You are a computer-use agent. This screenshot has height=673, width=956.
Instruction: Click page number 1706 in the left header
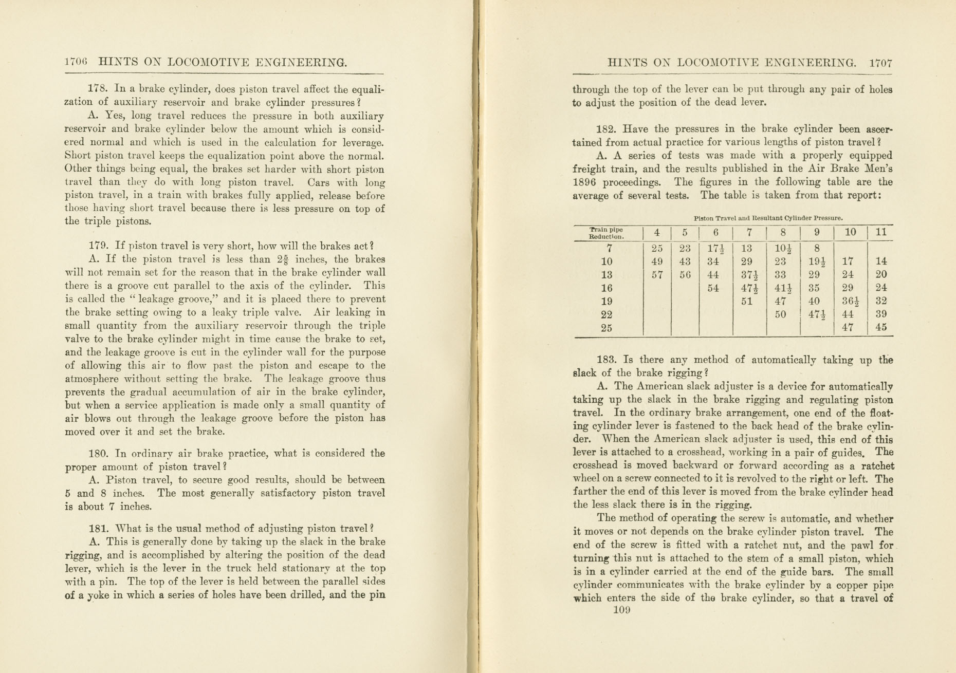pos(76,62)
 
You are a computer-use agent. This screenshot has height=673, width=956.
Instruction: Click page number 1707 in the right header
pos(880,63)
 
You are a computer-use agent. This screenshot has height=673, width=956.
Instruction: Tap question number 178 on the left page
pos(98,89)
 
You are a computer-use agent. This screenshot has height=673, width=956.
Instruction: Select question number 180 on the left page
pos(98,453)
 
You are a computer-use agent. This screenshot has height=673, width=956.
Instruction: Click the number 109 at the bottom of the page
pos(621,610)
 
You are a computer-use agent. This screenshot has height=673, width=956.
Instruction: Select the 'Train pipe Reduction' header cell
pos(606,233)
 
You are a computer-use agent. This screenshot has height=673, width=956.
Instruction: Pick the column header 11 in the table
pos(881,232)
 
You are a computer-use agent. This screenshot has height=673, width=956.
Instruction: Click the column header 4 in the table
pos(657,233)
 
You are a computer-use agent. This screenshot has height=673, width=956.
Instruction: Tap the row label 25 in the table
pos(606,328)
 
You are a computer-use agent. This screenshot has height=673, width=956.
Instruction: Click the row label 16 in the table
pos(606,288)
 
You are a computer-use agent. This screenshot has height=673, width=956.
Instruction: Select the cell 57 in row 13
pos(657,275)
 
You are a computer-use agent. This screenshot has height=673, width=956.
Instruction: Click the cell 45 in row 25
pos(881,327)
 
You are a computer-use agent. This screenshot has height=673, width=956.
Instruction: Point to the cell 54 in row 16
pos(713,288)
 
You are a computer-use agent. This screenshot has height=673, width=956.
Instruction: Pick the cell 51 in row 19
pos(747,302)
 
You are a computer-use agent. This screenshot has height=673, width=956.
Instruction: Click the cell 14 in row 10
pos(881,261)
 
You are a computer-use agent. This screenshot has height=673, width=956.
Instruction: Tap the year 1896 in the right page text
pos(583,182)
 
